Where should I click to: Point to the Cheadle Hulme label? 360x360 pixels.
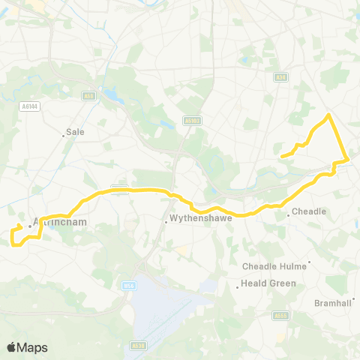coord(273,266)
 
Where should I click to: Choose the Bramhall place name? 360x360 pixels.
coord(333,303)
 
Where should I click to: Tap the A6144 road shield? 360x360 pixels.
coord(28,106)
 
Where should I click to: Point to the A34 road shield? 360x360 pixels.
coord(280,76)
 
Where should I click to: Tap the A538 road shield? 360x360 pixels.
coord(136,346)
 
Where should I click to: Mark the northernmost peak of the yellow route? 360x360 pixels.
coord(328,115)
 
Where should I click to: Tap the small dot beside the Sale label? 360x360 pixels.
coord(64,136)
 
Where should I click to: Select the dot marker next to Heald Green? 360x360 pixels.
coord(237,286)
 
